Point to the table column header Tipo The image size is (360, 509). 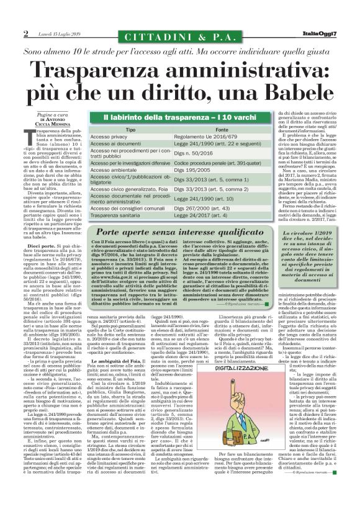click(x=130, y=130)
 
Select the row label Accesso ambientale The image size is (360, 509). click(x=115, y=169)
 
